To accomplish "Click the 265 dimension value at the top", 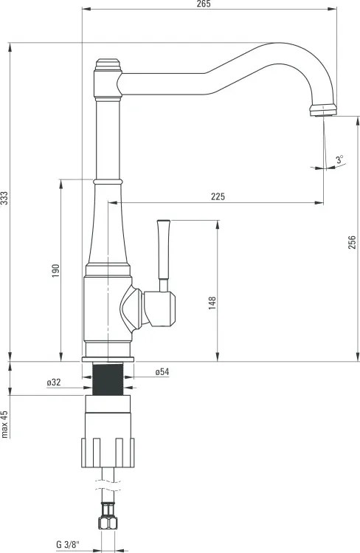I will [x=204, y=4].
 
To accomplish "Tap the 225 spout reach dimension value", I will [x=218, y=196].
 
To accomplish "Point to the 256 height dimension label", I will [x=352, y=242].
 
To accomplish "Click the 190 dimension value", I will [x=55, y=272].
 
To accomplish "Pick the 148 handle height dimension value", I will [x=212, y=302].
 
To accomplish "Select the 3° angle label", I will [x=339, y=159].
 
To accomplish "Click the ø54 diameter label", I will [x=162, y=372].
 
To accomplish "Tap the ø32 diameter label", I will [x=54, y=382].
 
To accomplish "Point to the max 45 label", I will [x=4, y=424].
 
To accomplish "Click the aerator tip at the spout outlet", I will [x=322, y=111].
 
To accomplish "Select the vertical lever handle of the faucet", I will [x=165, y=251].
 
